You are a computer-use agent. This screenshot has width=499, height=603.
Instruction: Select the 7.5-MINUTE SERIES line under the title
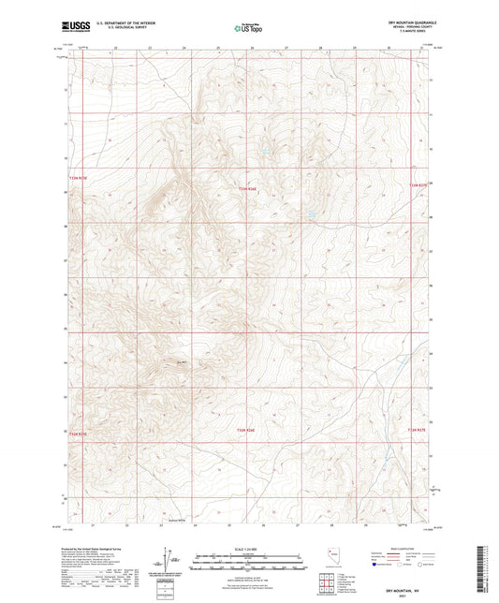tap(411, 34)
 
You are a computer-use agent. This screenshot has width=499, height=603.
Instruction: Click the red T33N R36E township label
tap(246, 187)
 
